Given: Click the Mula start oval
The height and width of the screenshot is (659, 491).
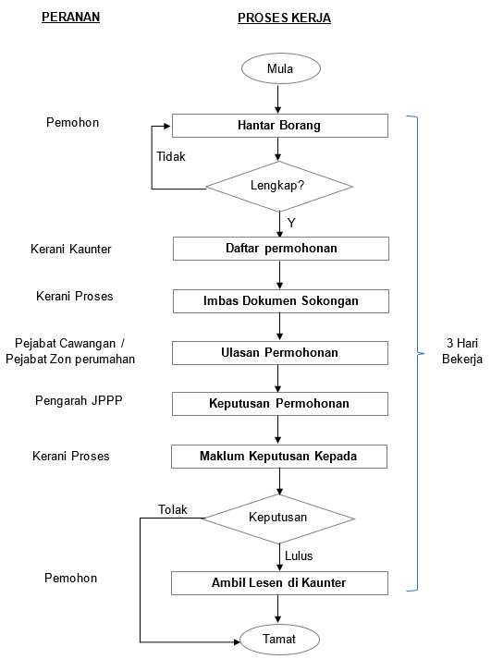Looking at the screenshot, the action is click(281, 68).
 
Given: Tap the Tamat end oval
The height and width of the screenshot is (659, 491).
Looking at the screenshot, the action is click(279, 640).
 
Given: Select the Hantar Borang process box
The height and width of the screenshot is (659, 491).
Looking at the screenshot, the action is click(280, 126).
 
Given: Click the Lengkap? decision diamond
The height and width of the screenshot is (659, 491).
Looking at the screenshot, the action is click(278, 186).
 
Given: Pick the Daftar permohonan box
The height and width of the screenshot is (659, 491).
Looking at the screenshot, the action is click(281, 249).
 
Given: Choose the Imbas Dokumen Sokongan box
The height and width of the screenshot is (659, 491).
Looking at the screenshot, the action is click(281, 301).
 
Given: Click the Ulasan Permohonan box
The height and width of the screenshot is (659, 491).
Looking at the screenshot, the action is click(280, 353).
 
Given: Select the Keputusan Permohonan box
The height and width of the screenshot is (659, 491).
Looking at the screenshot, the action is click(280, 404).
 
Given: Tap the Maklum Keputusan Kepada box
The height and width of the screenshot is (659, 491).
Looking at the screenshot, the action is click(279, 457).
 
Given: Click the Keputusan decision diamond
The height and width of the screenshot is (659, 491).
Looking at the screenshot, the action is click(278, 519).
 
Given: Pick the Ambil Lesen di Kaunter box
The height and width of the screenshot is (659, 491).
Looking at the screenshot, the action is click(279, 583).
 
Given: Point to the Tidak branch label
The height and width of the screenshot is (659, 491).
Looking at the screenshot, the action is click(171, 156).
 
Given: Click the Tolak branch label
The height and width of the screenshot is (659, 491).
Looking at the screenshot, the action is click(172, 509).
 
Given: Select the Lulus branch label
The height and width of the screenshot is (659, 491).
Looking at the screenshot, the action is click(299, 555).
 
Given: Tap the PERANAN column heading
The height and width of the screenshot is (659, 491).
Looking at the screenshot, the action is click(70, 17).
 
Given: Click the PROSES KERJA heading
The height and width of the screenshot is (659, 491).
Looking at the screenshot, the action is click(284, 18).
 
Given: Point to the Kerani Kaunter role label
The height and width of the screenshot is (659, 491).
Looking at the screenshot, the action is click(70, 249).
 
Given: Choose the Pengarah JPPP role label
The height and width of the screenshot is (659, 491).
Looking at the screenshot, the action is click(79, 400).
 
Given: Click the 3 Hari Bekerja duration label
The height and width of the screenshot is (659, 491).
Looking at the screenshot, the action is click(462, 351).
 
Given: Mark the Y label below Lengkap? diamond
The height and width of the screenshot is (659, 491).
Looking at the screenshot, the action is click(291, 223).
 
